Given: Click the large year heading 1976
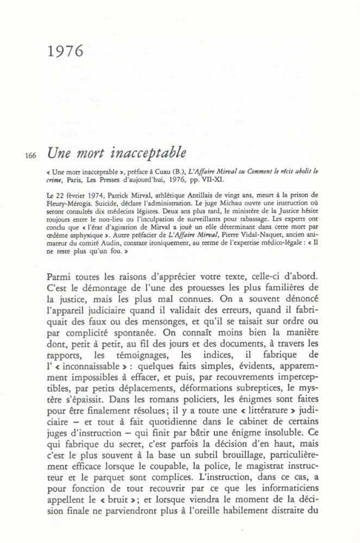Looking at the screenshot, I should (65, 52).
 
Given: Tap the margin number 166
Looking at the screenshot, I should (30, 156).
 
